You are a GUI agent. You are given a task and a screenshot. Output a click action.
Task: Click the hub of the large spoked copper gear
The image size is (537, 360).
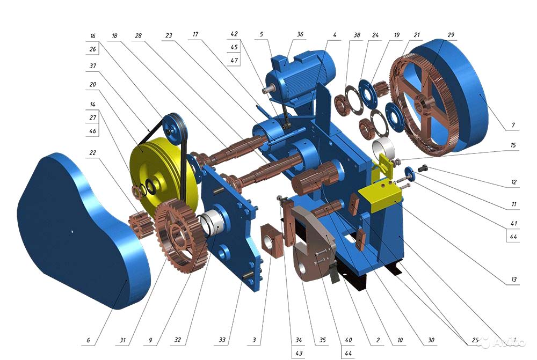click(x=424, y=102)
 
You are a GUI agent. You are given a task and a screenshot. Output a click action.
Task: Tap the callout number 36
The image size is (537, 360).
click(x=300, y=34)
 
